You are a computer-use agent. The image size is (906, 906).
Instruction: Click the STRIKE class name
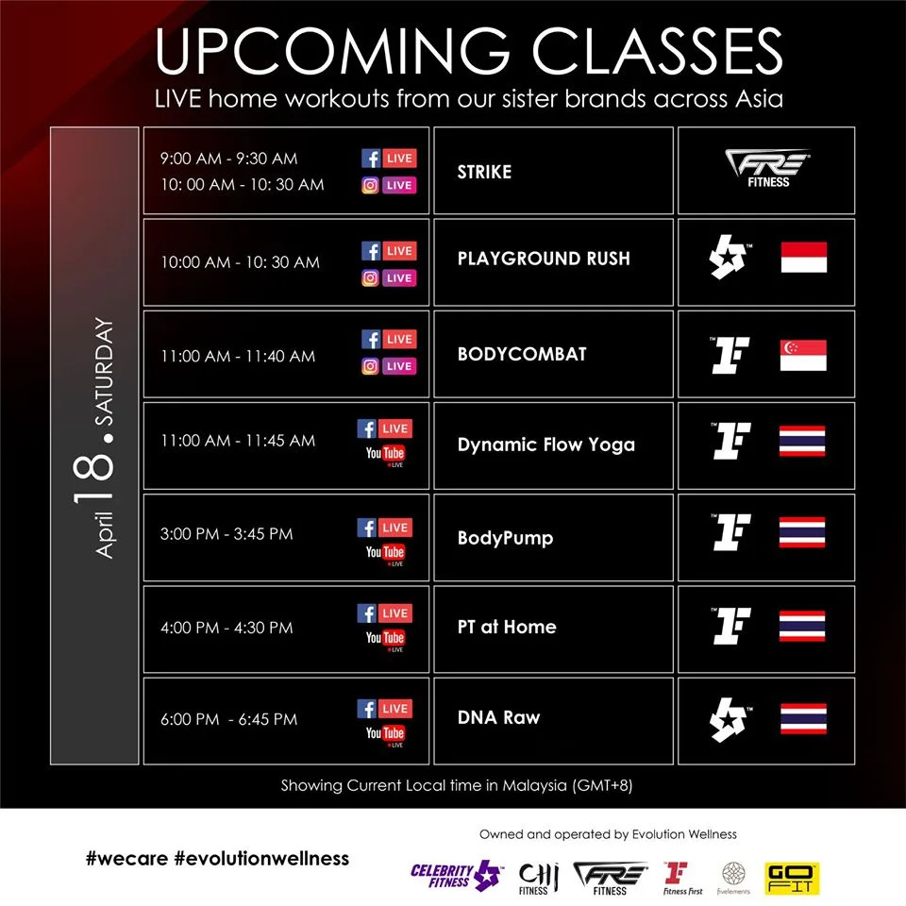(x=484, y=172)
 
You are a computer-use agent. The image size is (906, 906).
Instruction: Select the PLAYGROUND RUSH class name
(x=544, y=259)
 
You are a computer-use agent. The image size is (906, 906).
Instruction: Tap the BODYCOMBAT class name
(x=522, y=354)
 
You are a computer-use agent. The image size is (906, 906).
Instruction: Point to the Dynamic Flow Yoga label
(x=546, y=445)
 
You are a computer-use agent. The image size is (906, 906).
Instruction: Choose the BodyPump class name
(x=505, y=538)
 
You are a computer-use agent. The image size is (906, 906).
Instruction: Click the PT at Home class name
(x=507, y=627)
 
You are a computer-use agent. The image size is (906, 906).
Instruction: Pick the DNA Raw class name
(x=498, y=717)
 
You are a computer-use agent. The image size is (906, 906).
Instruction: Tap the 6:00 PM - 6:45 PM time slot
(x=228, y=719)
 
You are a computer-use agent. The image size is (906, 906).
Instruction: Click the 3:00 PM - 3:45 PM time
(x=226, y=533)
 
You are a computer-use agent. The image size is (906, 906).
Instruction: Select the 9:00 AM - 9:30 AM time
(x=228, y=159)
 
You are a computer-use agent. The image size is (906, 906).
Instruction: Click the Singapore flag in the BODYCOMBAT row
(x=803, y=356)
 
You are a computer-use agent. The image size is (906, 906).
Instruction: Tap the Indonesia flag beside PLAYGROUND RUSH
(x=804, y=257)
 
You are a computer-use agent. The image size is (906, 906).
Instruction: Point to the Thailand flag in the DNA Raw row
(x=803, y=718)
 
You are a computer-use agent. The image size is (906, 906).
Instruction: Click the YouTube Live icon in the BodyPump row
(x=385, y=554)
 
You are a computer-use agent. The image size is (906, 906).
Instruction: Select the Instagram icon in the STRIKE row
(x=370, y=185)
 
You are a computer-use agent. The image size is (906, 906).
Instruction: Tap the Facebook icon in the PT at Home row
(x=367, y=613)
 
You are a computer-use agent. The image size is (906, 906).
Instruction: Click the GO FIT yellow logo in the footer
(x=792, y=879)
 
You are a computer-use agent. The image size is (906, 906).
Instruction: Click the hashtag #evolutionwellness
(x=261, y=859)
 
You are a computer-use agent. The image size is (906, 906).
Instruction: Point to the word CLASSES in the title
(x=657, y=51)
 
